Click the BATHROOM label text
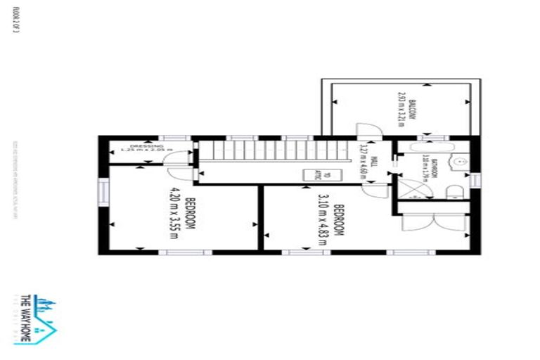437,170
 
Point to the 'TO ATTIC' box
310,175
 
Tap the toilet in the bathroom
454,191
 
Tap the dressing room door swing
172,159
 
